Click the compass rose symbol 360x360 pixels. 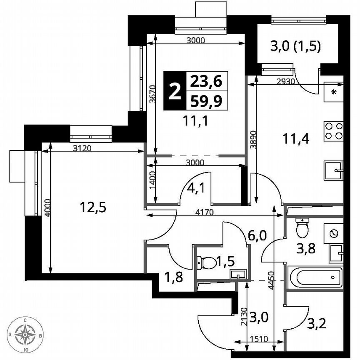(26, 334)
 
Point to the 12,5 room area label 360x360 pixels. (91, 207)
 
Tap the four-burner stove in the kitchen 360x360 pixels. (333, 131)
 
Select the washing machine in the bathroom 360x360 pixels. (334, 233)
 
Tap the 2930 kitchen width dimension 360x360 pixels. (285, 82)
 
